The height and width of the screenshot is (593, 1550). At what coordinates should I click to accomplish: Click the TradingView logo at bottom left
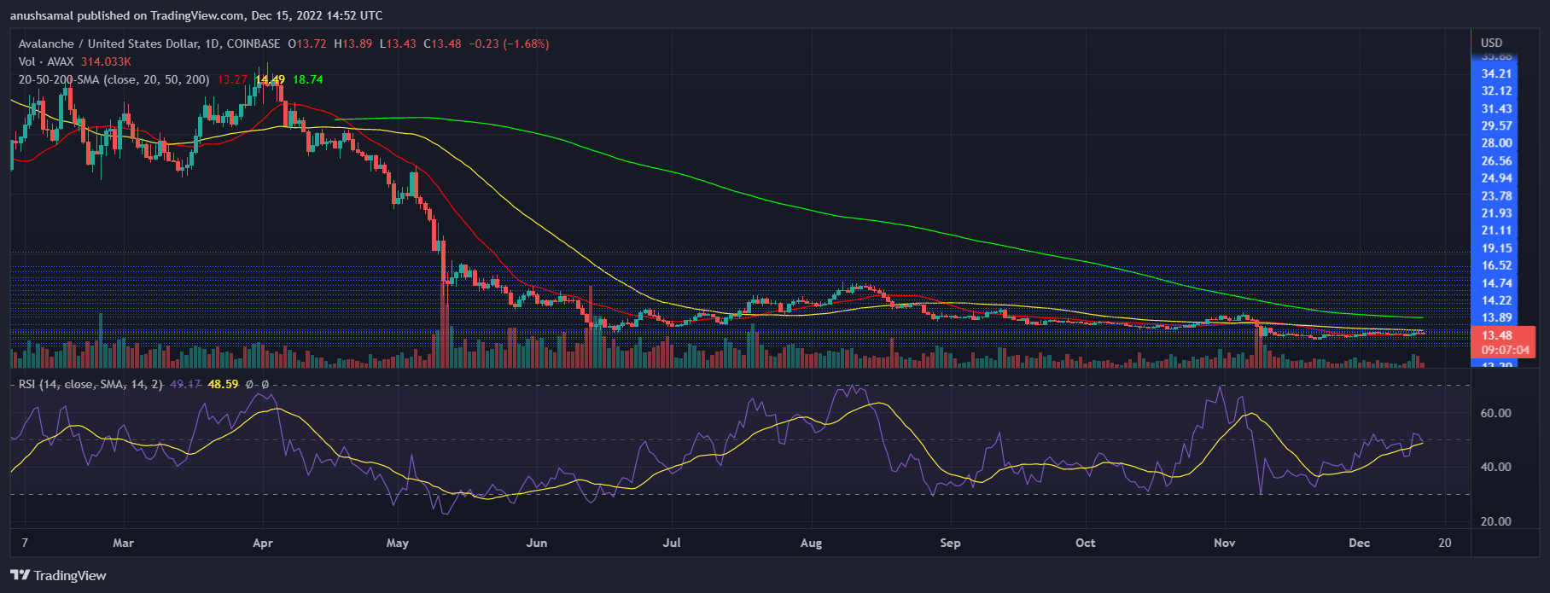58,575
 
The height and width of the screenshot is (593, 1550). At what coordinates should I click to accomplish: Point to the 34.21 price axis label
1496,74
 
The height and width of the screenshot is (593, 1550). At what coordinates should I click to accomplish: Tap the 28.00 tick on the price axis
1496,143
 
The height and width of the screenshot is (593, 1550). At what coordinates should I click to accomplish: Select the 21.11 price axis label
1496,230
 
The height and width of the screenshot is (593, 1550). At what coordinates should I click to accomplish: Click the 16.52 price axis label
1496,265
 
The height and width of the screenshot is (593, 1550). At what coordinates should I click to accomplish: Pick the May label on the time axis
398,543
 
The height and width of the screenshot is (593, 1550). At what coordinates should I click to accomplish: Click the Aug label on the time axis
811,543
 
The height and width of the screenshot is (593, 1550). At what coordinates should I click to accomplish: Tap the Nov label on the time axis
1224,543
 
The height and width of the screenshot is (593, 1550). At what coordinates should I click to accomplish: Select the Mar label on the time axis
124,543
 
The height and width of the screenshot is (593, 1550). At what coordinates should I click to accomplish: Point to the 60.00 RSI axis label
1495,413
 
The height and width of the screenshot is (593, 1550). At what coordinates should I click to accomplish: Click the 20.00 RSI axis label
1495,521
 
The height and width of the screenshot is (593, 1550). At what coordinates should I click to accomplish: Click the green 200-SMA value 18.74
307,79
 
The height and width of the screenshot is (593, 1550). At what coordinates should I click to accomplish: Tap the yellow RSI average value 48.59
223,385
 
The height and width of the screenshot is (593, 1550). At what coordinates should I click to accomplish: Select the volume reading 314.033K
106,61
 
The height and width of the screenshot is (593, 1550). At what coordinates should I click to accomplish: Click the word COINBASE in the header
253,44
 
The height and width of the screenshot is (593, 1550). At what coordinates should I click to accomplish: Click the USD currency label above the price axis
1491,43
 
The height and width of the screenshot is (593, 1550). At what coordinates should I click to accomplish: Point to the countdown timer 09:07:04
1505,350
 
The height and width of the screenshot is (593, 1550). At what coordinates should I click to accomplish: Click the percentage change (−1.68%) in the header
525,44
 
